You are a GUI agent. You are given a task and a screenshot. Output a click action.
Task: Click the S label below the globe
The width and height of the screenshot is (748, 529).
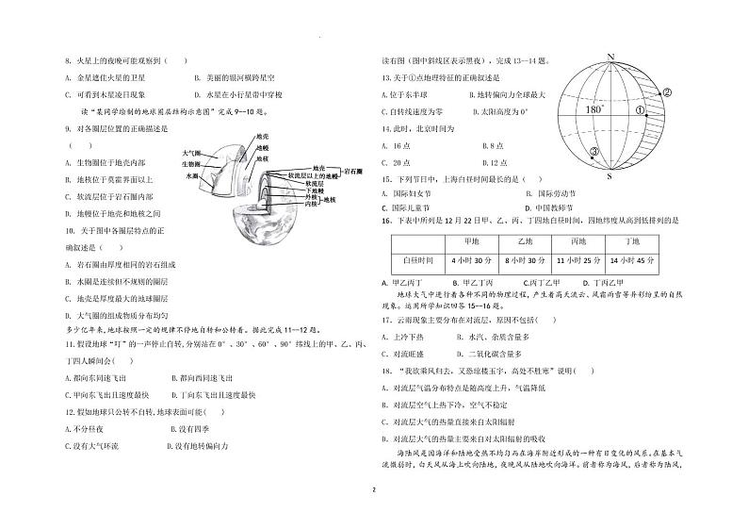click(610, 175)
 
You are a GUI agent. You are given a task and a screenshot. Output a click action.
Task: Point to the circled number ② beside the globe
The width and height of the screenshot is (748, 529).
click(666, 92)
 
